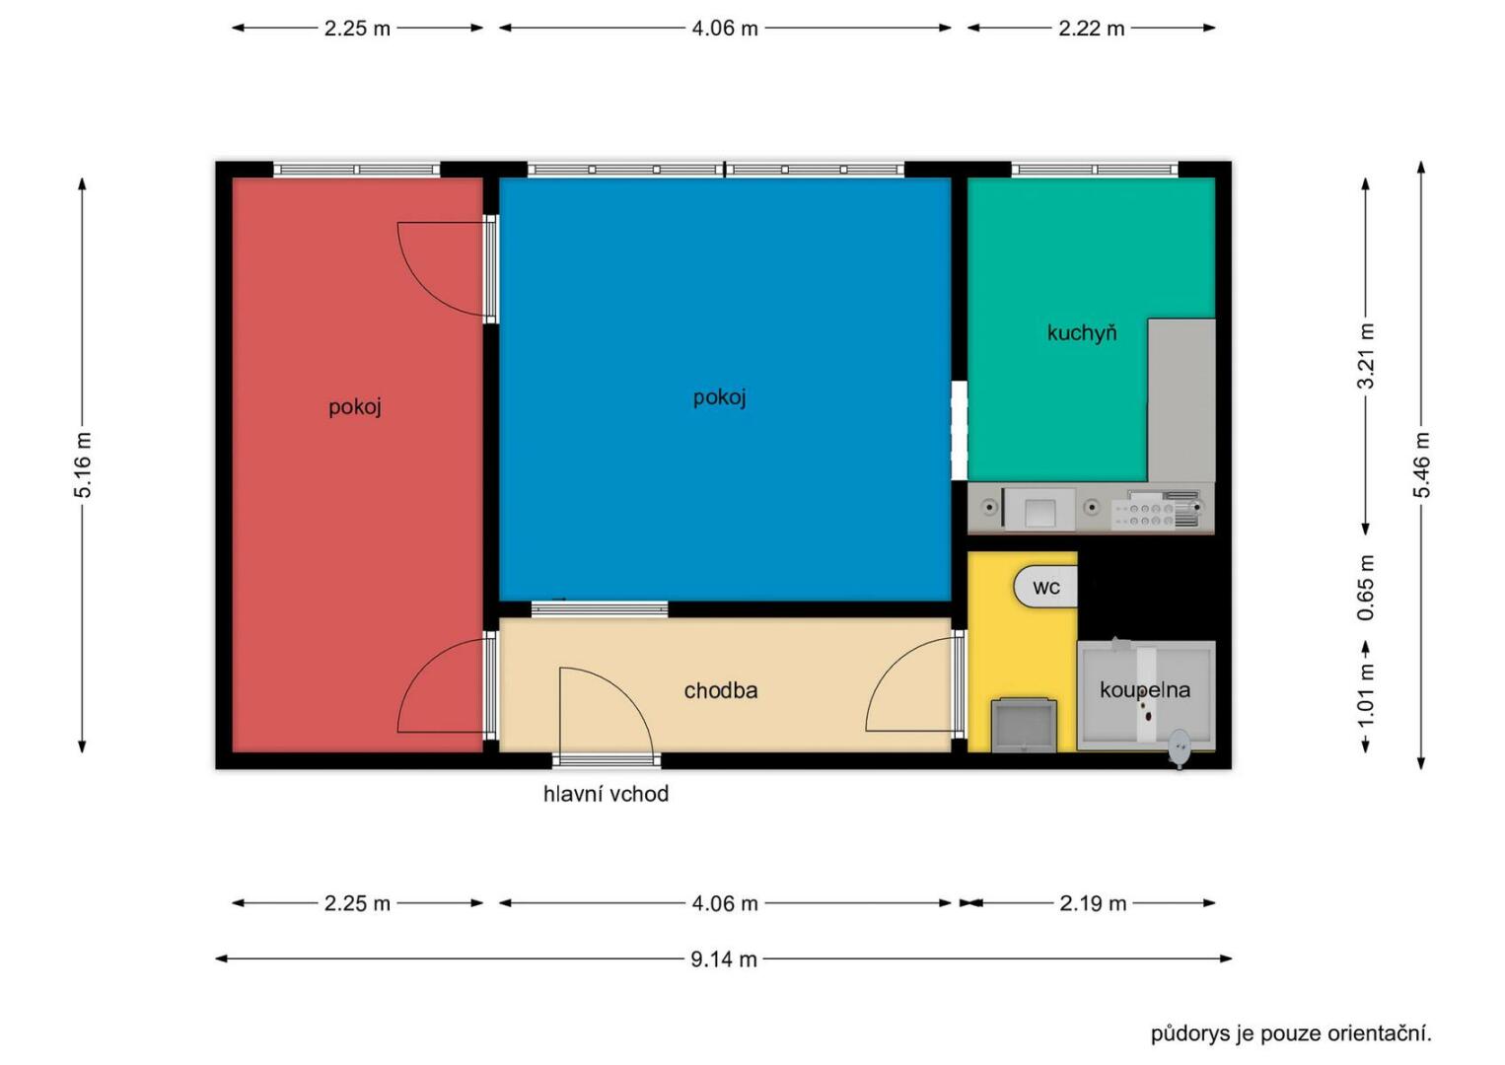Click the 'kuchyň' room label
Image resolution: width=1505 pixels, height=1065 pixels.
pos(1082,332)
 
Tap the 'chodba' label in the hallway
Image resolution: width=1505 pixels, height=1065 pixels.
pos(721,690)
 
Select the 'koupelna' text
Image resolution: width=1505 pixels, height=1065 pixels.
pos(1145,690)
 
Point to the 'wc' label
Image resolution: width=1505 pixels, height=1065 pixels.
pos(1046,588)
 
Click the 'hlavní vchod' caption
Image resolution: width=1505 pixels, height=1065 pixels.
pos(606,794)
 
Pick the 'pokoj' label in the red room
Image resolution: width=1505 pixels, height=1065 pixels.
pos(355,407)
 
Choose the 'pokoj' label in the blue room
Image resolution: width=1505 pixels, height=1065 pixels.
pos(720,397)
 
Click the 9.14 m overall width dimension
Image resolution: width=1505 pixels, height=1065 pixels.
pos(724,958)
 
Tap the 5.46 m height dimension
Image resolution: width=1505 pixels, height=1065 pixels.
pos(1421,465)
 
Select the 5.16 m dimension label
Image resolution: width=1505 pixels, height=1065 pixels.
pos(82,465)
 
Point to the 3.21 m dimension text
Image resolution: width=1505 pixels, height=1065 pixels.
pos(1365,356)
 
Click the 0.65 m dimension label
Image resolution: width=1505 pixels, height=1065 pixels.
pos(1365,588)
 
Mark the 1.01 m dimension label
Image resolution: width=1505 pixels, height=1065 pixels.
pos(1365,694)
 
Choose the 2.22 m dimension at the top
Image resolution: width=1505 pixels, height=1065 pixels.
pos(1091,29)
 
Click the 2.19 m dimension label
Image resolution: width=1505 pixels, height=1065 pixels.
pos(1093,903)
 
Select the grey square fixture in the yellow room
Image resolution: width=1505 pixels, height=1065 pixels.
pos(1024,725)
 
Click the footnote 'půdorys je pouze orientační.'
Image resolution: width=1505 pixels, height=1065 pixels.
pos(1291,1033)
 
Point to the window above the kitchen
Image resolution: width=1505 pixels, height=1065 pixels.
pos(1095,170)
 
